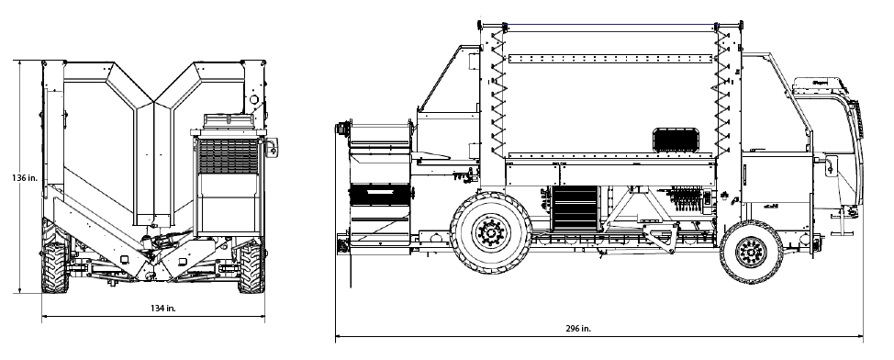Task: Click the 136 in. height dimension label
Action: pyautogui.click(x=25, y=178)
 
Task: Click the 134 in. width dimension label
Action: pyautogui.click(x=163, y=308)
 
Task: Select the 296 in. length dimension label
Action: pyautogui.click(x=577, y=329)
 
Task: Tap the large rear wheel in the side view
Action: pyautogui.click(x=491, y=232)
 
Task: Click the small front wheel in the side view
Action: pyautogui.click(x=751, y=251)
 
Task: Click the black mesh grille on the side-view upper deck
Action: pyautogui.click(x=676, y=141)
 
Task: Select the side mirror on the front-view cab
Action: pyautogui.click(x=272, y=147)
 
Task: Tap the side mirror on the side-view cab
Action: pyautogui.click(x=832, y=165)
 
